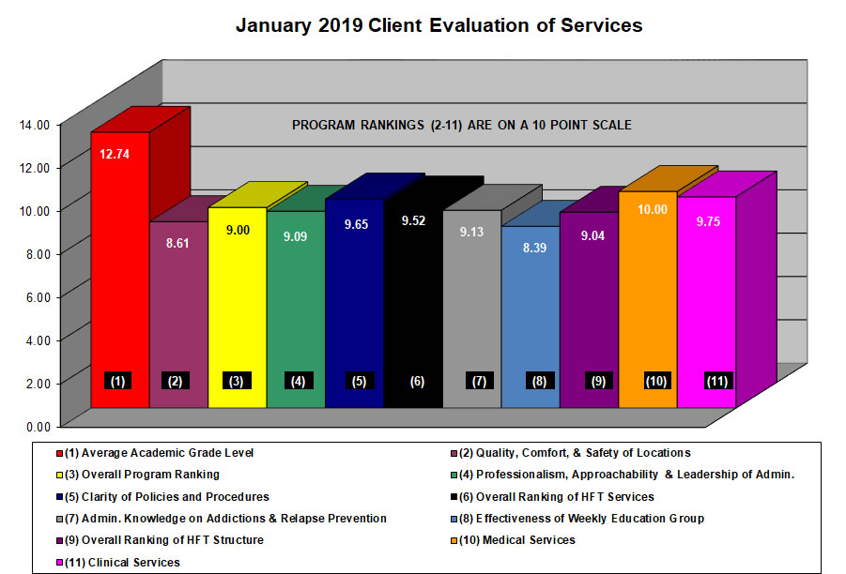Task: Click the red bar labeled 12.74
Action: (x=119, y=272)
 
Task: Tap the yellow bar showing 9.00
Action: (x=237, y=300)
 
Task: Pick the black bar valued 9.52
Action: (x=413, y=300)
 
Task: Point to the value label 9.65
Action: (x=355, y=226)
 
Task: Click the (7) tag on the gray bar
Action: (x=478, y=381)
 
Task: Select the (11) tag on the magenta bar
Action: (x=718, y=381)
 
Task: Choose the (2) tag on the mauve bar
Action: (x=176, y=381)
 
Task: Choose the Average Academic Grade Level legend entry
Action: (x=160, y=453)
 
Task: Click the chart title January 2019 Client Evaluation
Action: (x=438, y=25)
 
